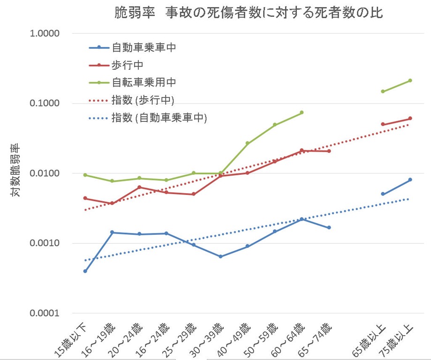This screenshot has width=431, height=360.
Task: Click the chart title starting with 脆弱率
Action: tap(249, 13)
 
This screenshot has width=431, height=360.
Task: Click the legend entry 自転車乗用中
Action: tap(144, 82)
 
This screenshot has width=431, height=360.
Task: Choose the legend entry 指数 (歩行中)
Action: tap(143, 100)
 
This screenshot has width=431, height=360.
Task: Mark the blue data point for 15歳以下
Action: tap(85, 271)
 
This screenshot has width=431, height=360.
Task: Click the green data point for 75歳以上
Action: tap(410, 81)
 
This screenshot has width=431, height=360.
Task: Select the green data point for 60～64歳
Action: tap(302, 112)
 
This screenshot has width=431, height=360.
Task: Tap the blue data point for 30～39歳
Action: tap(220, 256)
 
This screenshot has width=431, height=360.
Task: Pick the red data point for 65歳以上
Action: tap(383, 124)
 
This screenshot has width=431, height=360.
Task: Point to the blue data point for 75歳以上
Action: tap(410, 180)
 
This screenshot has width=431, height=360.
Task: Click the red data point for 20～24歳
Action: tap(139, 187)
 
